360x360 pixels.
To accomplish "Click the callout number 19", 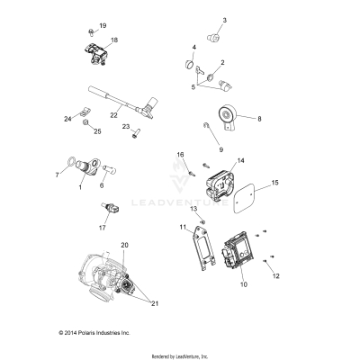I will (x=103, y=26).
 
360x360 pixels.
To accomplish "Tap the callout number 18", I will (x=113, y=40).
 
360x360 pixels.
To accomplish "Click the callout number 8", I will (x=260, y=118).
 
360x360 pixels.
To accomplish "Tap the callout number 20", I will (x=125, y=245).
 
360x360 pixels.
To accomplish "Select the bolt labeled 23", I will (x=135, y=135).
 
